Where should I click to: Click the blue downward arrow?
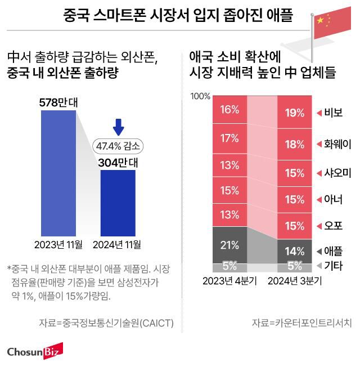pos(118,127)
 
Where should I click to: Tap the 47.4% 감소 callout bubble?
pos(118,145)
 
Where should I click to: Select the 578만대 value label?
pos(58,102)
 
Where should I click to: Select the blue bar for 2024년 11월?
pos(118,203)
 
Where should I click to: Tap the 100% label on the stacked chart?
pos(200,96)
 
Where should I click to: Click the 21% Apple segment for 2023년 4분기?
pos(229,245)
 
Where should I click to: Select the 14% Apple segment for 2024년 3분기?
pos(294,250)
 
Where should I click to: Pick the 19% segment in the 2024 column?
pos(294,113)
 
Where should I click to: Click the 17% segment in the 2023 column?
pos(229,138)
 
